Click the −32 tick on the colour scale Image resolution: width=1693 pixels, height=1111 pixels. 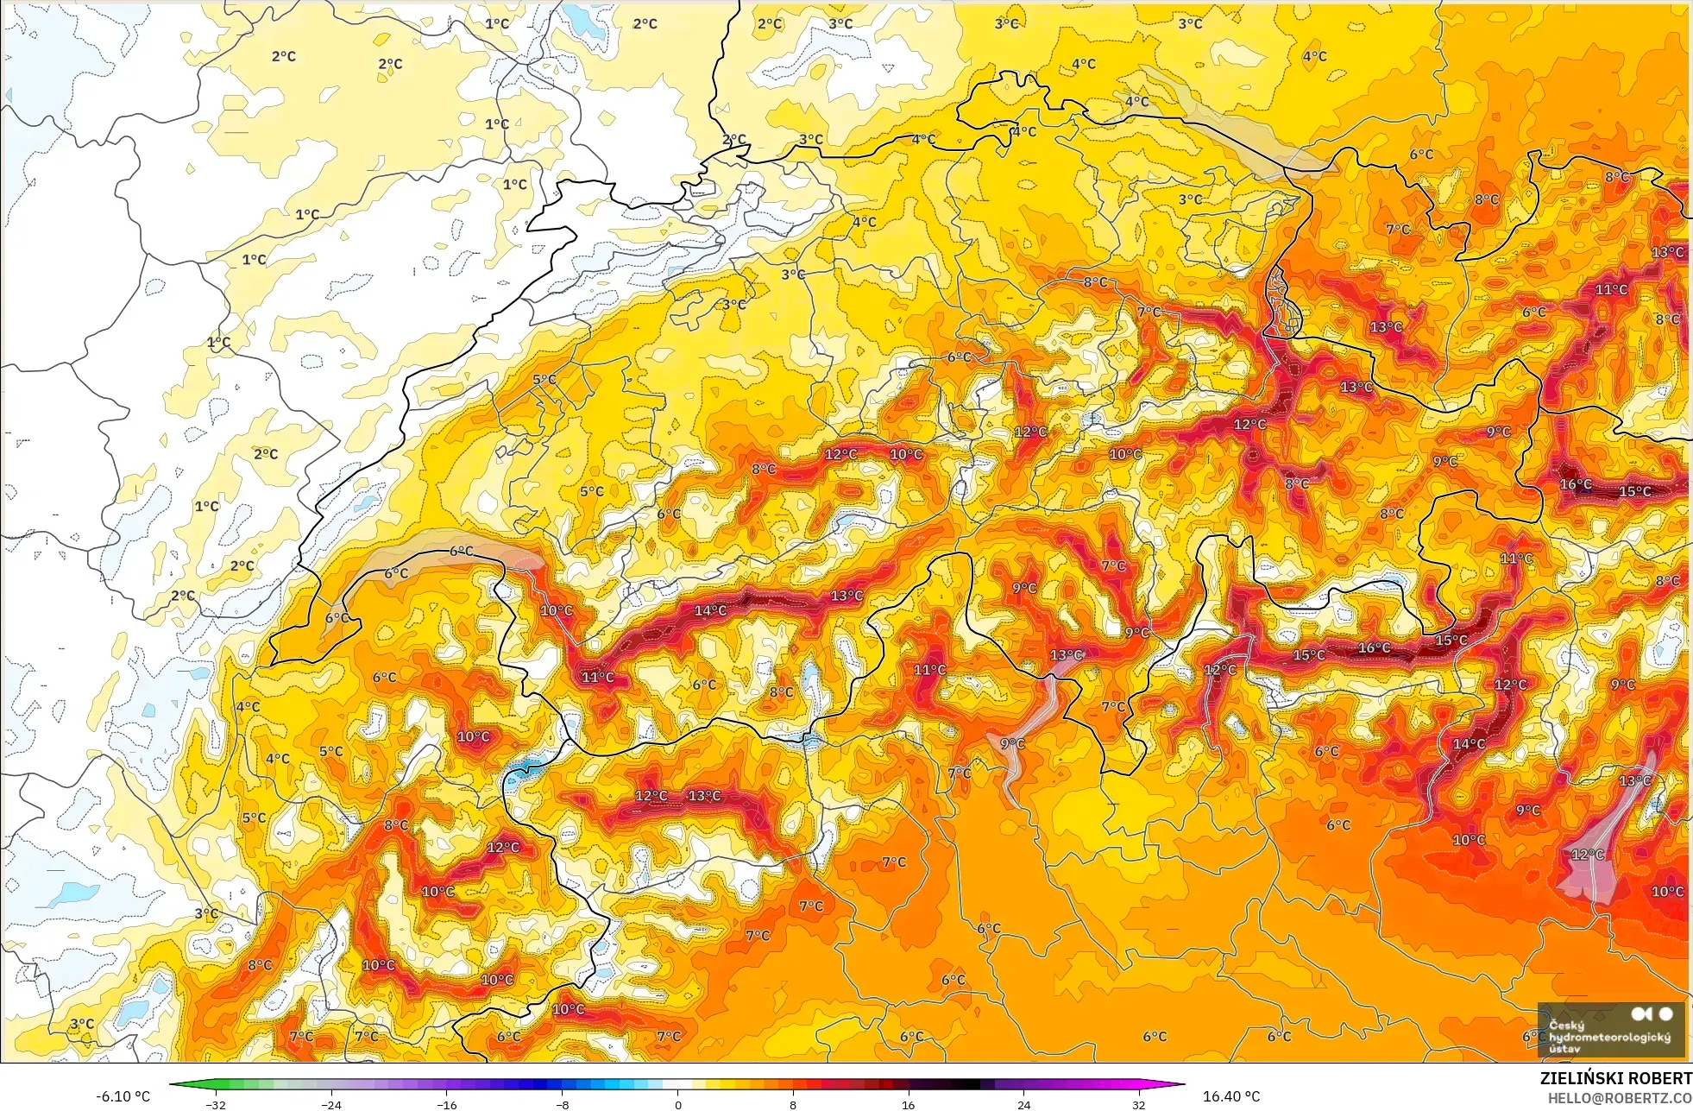click(x=215, y=1104)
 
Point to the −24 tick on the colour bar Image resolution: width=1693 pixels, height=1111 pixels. click(x=330, y=1104)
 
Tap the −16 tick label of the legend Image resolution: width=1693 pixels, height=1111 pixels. click(x=446, y=1104)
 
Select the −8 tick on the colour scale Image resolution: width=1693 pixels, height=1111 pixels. click(x=562, y=1104)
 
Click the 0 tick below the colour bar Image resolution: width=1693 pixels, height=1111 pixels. click(x=677, y=1104)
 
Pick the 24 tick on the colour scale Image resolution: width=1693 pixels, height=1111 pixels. click(x=1023, y=1104)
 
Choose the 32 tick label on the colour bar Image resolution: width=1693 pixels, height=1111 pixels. click(x=1139, y=1104)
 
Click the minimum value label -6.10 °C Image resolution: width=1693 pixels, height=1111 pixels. click(x=123, y=1096)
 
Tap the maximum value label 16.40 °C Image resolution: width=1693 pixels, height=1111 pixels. click(x=1231, y=1096)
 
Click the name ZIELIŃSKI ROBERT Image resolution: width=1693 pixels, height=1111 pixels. click(x=1615, y=1078)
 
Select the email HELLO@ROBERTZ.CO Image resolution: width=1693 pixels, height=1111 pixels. click(x=1619, y=1098)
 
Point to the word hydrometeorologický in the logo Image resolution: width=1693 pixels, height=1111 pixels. click(x=1609, y=1037)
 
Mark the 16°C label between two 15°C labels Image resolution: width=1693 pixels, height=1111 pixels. click(x=1374, y=647)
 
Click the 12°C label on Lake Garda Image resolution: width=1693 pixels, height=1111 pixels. click(x=1587, y=855)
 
